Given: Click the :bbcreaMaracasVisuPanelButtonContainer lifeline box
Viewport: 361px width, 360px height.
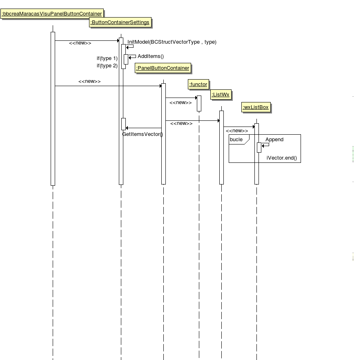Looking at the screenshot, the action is pyautogui.click(x=52, y=14).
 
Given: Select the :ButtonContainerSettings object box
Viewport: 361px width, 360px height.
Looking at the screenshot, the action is pyautogui.click(x=120, y=22).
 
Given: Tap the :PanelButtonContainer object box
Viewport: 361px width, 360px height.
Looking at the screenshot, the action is pyautogui.click(x=163, y=68).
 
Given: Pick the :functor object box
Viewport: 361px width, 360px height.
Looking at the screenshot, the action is pyautogui.click(x=198, y=84).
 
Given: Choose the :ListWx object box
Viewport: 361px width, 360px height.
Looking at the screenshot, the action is pyautogui.click(x=221, y=95).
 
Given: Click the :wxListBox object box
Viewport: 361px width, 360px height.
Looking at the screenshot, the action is pyautogui.click(x=256, y=107).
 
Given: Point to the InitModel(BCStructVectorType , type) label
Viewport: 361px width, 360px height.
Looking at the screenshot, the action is pyautogui.click(x=172, y=42).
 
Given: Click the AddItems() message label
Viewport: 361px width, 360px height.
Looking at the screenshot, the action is pyautogui.click(x=151, y=56).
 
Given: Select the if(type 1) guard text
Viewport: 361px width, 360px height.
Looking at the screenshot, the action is pyautogui.click(x=107, y=58).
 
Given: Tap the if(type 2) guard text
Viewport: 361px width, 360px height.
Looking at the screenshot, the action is pyautogui.click(x=107, y=66).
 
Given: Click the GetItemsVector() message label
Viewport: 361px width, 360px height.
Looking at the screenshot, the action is pyautogui.click(x=143, y=134).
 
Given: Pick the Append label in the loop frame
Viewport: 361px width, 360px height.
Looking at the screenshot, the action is pyautogui.click(x=274, y=140).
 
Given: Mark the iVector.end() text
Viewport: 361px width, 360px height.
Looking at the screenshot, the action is pyautogui.click(x=282, y=158).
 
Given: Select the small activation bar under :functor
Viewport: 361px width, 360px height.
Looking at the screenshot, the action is pyautogui.click(x=199, y=104).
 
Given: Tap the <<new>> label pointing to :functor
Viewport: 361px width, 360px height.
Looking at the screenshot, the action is pyautogui.click(x=180, y=103).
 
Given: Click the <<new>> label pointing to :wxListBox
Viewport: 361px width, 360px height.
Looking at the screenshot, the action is pyautogui.click(x=237, y=131).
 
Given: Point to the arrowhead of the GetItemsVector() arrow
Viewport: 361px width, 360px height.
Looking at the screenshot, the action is pyautogui.click(x=127, y=128).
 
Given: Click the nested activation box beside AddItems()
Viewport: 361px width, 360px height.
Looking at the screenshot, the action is pyautogui.click(x=126, y=59).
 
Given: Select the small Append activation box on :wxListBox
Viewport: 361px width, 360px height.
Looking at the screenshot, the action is pyautogui.click(x=259, y=147).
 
